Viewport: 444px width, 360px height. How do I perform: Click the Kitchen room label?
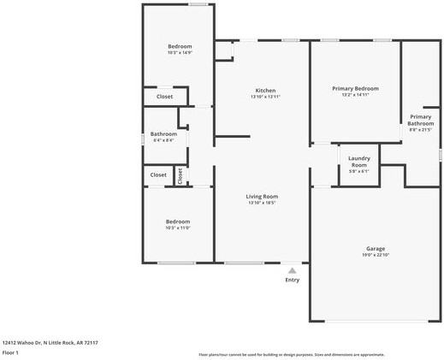(x=265, y=91)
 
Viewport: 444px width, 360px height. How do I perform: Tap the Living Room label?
(x=263, y=197)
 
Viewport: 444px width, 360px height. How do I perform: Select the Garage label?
(x=376, y=248)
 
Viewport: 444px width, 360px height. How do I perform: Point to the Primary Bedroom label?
(x=354, y=88)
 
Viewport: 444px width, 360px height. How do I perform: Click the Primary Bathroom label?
(x=420, y=120)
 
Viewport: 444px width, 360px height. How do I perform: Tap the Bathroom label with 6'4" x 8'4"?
(x=163, y=133)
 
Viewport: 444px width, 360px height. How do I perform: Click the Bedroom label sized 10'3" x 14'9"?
(x=179, y=46)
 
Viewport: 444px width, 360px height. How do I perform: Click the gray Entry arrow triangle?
(x=292, y=271)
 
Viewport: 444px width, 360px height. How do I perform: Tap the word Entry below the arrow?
(x=292, y=280)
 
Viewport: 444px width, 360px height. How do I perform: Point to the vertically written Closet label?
(x=180, y=175)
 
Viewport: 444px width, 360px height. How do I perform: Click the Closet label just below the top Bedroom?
(x=164, y=97)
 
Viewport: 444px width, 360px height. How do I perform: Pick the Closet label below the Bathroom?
(x=158, y=174)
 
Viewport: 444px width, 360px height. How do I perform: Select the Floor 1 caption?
(x=10, y=352)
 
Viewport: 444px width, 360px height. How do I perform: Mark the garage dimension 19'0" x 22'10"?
(x=376, y=255)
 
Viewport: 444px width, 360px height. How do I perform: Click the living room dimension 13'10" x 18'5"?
(x=263, y=204)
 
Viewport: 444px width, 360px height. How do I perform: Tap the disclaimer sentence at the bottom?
(x=292, y=355)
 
